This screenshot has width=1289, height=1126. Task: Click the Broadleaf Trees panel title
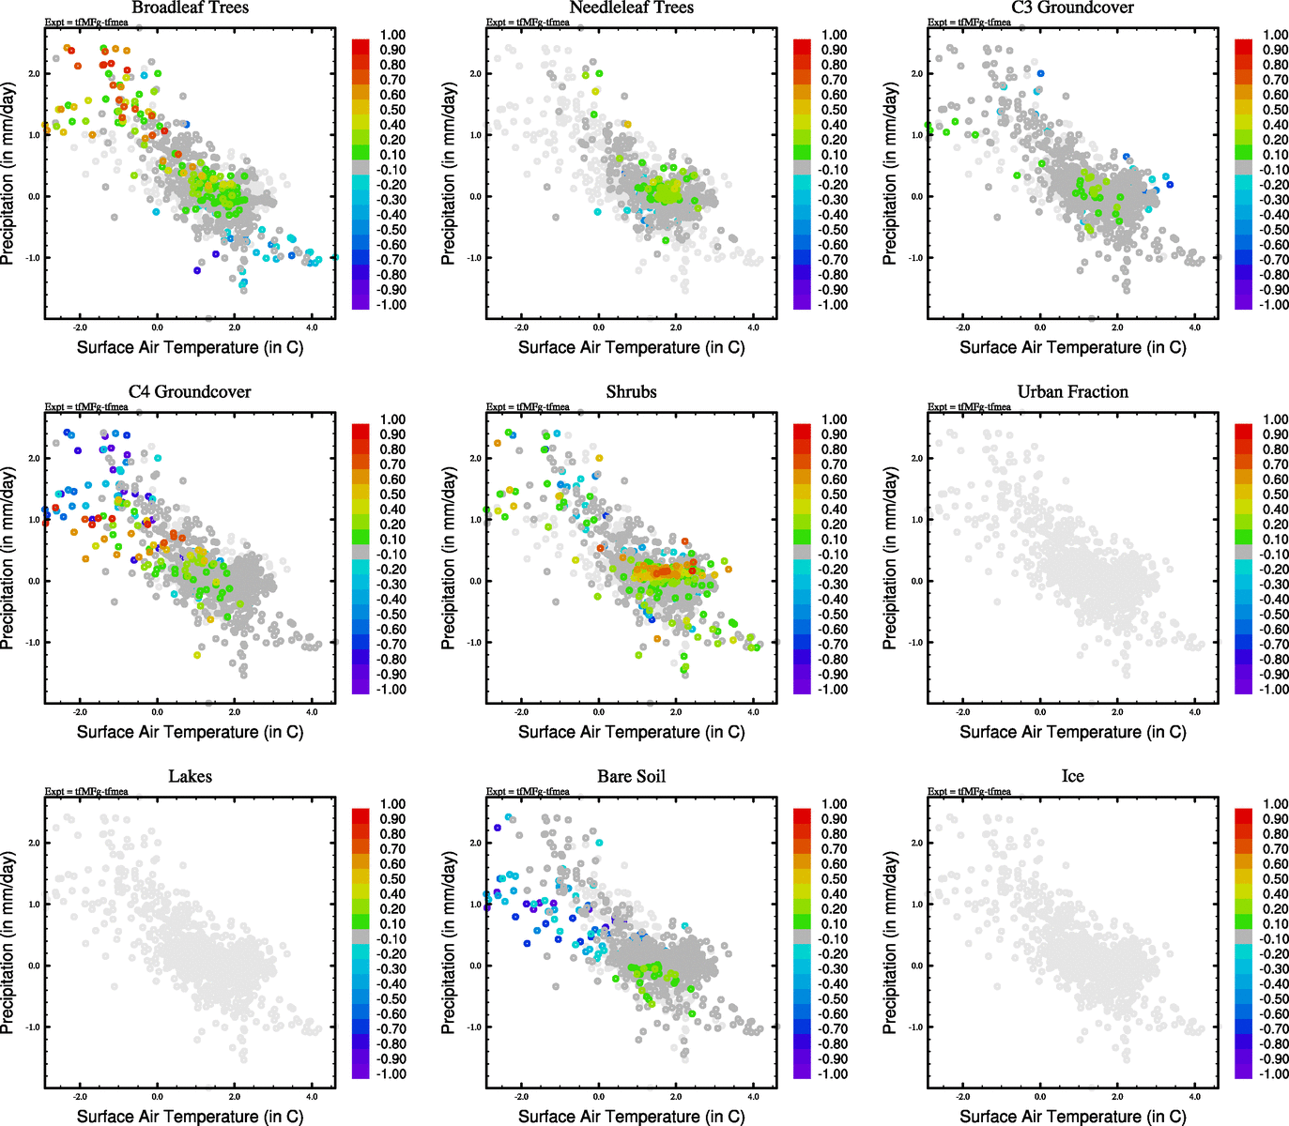(x=190, y=8)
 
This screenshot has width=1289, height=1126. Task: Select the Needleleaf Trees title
(x=631, y=8)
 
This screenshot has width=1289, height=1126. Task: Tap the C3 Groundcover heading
(x=1072, y=8)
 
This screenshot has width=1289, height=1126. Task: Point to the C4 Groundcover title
(x=190, y=391)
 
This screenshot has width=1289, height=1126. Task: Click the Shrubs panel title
(x=631, y=391)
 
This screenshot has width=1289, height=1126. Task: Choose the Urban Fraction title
(x=1072, y=391)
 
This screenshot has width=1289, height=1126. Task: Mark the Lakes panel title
(x=190, y=776)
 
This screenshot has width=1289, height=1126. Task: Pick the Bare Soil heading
(x=631, y=776)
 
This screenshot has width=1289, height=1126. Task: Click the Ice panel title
(x=1072, y=776)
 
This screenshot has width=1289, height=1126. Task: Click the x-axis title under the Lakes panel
(x=190, y=1116)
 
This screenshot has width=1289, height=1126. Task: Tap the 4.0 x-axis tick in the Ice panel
(x=1194, y=1096)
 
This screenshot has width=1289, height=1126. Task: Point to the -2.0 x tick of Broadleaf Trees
(x=80, y=327)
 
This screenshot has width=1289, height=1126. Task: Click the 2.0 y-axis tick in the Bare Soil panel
(x=475, y=843)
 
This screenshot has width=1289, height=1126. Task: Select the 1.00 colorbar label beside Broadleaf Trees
(x=392, y=35)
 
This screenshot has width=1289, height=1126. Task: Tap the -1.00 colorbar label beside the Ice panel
(x=1274, y=1073)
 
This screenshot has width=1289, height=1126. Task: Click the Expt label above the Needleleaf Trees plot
(x=528, y=23)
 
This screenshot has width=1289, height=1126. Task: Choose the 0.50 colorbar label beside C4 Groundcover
(x=392, y=495)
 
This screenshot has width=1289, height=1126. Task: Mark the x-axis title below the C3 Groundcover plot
(x=1072, y=347)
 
